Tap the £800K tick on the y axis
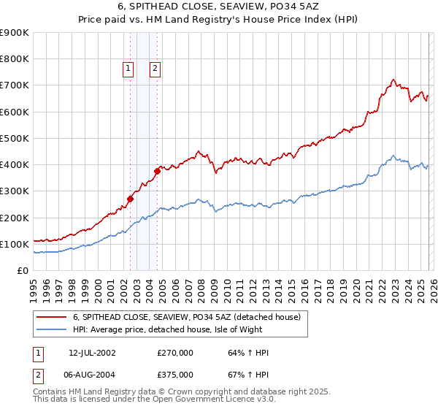coord(14,59)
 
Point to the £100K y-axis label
coord(14,244)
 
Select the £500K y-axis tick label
coord(14,138)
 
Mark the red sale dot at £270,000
coord(131,199)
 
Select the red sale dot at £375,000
coord(157,171)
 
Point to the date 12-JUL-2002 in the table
coord(92,353)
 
